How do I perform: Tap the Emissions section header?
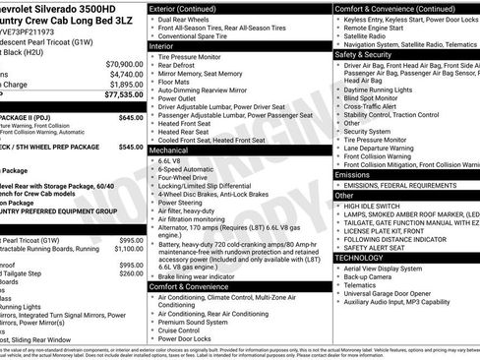coord(352,173)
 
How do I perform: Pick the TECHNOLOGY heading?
coord(360,257)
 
